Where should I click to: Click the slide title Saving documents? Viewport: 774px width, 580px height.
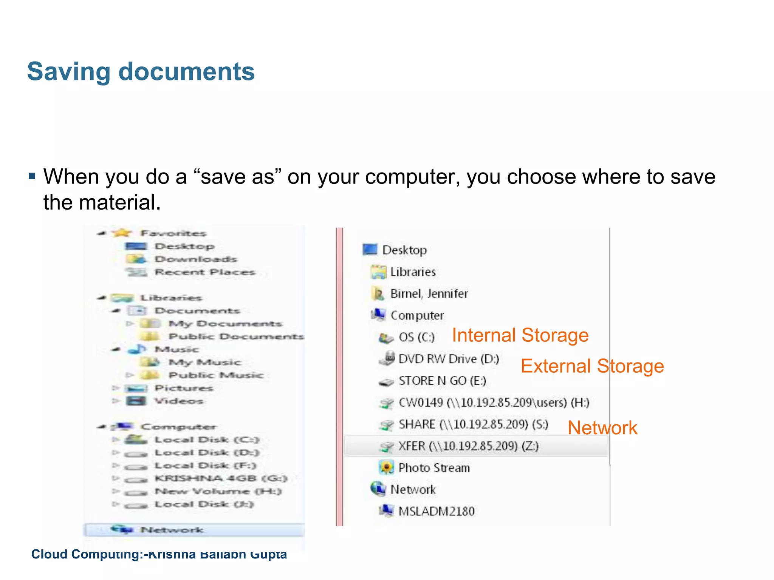141,72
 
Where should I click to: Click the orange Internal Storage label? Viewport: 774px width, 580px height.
520,335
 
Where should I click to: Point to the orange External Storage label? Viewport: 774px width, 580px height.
592,366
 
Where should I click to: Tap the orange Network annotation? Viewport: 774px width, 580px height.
602,428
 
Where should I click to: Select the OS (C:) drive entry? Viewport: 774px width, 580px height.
416,337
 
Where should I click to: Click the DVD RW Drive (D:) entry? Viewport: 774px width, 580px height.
449,359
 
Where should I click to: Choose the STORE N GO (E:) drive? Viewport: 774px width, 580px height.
442,381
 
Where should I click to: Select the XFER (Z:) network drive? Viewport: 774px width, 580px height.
468,446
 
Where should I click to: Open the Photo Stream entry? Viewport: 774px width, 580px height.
434,468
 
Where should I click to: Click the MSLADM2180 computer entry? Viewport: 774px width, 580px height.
436,511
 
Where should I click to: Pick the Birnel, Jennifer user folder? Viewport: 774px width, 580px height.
429,294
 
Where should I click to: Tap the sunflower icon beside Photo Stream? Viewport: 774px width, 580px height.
386,468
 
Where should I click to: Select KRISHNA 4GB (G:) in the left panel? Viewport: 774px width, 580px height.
221,478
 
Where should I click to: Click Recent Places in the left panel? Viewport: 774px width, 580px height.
205,272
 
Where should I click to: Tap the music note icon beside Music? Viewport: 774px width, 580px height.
137,349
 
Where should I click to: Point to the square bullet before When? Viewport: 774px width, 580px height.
32,176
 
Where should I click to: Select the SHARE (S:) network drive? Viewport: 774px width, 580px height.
473,424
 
